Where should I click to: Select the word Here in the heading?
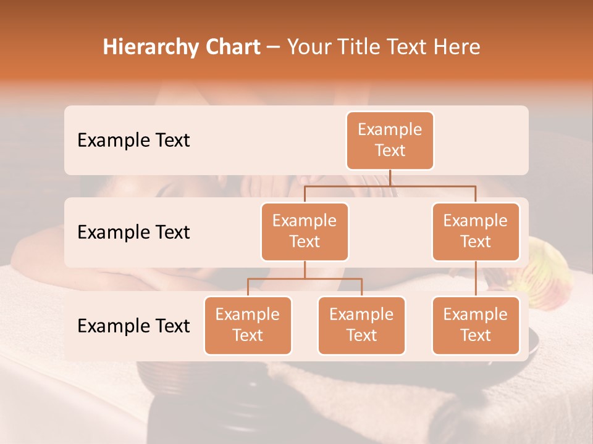(458, 47)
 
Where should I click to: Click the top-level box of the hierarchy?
(390, 140)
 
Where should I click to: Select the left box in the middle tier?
(305, 231)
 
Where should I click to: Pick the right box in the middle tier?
(476, 231)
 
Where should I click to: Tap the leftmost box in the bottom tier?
(248, 325)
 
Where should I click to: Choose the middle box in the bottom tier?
(361, 325)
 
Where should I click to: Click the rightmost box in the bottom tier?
(476, 325)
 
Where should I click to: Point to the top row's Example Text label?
(133, 141)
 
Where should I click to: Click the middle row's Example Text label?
(133, 232)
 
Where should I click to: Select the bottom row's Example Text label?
(133, 326)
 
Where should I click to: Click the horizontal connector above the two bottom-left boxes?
(305, 279)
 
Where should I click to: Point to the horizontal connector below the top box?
(390, 185)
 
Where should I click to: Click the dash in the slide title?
(273, 47)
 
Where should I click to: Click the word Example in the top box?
(390, 129)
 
